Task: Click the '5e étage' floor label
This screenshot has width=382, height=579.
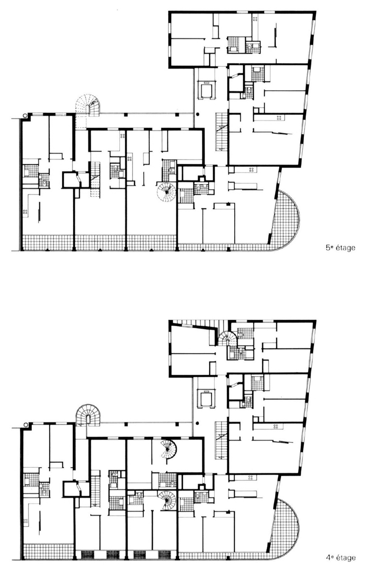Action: pyautogui.click(x=340, y=248)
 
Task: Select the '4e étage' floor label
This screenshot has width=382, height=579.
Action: pyautogui.click(x=340, y=558)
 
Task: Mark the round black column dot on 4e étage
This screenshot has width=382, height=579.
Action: pyautogui.click(x=198, y=423)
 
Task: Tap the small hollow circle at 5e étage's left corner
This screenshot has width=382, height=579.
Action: pyautogui.click(x=24, y=115)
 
